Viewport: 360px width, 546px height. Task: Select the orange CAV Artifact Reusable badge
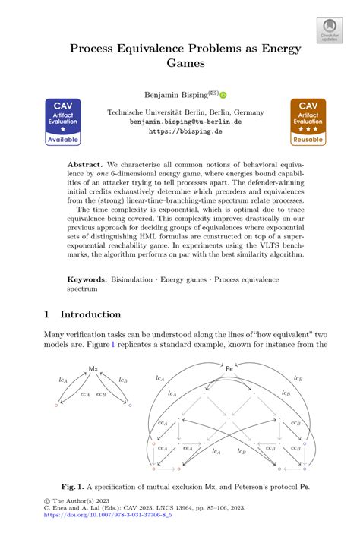pos(308,122)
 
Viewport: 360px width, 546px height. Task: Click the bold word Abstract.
pos(85,164)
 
